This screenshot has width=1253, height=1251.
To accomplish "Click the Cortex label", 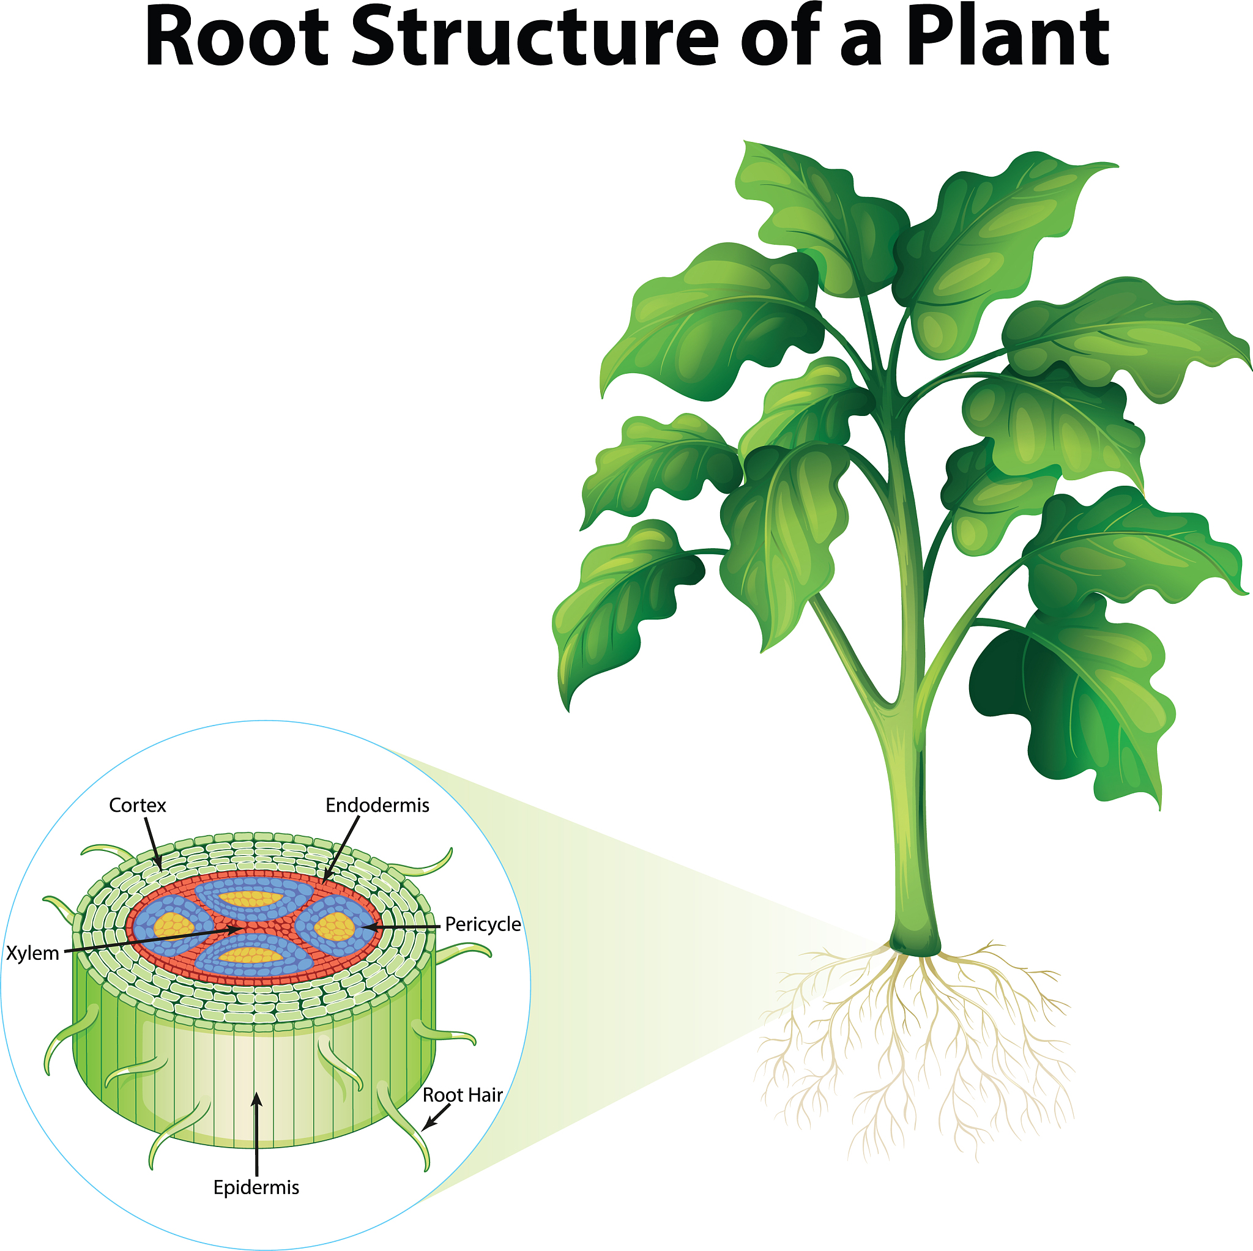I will [x=138, y=806].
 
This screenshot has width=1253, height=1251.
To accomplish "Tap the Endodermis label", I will [x=377, y=806].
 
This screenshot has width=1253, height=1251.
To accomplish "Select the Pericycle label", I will [x=483, y=924].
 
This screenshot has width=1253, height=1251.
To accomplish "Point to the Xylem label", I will [x=32, y=953].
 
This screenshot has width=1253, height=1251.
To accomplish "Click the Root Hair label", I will [x=463, y=1096].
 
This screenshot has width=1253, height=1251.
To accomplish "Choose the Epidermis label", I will [x=256, y=1187].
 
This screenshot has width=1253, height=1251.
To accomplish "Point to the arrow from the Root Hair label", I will [x=436, y=1118].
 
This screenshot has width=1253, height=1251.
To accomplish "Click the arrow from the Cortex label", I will [x=153, y=843].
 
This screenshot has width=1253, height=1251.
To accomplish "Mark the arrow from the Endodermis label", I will [x=341, y=850].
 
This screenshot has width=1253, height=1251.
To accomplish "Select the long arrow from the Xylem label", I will [x=155, y=940].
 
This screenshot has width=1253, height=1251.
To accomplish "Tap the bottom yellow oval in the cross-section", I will [x=250, y=956].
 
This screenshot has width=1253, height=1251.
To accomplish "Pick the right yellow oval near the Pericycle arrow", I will [x=334, y=926].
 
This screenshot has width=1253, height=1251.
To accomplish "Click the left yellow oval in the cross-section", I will [x=174, y=926].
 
